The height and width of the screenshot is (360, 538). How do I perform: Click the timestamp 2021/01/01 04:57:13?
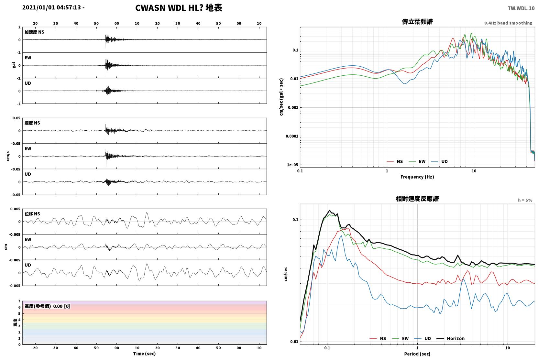click(52, 7)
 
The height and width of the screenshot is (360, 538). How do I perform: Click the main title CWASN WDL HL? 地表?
click(179, 8)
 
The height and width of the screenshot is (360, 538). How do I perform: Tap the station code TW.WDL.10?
click(521, 8)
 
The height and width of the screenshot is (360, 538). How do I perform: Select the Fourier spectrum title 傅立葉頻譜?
click(417, 22)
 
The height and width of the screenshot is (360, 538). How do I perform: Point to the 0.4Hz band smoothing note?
click(508, 23)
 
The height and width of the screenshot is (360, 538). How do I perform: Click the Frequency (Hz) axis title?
click(417, 177)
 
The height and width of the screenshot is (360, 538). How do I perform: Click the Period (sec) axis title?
click(417, 354)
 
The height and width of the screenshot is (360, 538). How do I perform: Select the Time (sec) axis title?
click(144, 354)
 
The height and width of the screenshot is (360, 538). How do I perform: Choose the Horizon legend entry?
click(450, 339)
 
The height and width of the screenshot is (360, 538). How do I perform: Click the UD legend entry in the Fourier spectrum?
click(439, 162)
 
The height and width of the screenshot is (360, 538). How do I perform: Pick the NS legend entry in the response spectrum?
click(378, 339)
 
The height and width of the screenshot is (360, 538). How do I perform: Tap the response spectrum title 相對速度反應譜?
click(417, 199)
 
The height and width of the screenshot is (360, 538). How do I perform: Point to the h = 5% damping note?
click(525, 200)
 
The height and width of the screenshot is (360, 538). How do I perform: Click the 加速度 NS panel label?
click(34, 32)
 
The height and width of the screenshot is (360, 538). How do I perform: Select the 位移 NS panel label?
click(32, 214)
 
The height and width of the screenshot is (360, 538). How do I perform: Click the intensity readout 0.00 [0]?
click(61, 306)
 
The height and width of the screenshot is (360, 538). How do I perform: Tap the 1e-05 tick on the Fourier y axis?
click(292, 165)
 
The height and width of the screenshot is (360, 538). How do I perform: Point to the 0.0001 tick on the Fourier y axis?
click(292, 136)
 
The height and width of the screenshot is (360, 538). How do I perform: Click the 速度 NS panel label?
click(32, 123)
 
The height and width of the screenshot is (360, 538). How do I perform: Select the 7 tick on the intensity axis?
click(19, 301)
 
